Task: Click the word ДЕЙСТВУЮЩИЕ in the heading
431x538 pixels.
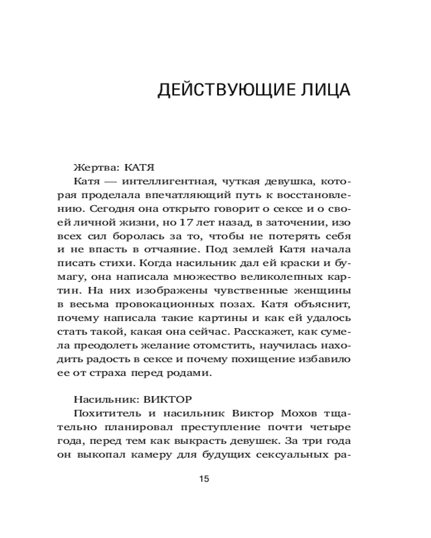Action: pyautogui.click(x=223, y=90)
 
